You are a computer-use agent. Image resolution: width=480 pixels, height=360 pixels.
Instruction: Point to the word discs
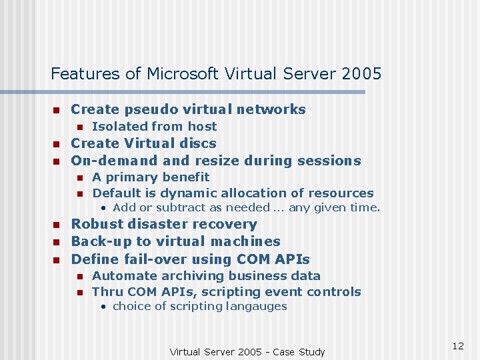199,143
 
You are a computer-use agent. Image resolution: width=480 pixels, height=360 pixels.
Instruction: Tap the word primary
128,177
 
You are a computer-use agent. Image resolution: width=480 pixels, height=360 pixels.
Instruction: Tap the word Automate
121,276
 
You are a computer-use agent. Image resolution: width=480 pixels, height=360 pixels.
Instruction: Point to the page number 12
457,346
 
